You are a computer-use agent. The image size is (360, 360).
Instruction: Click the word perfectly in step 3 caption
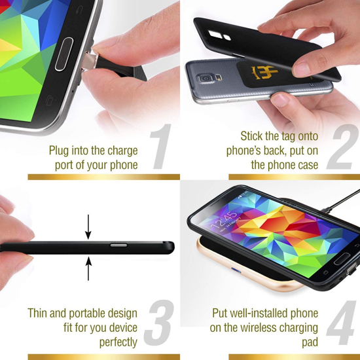point(118,342)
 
